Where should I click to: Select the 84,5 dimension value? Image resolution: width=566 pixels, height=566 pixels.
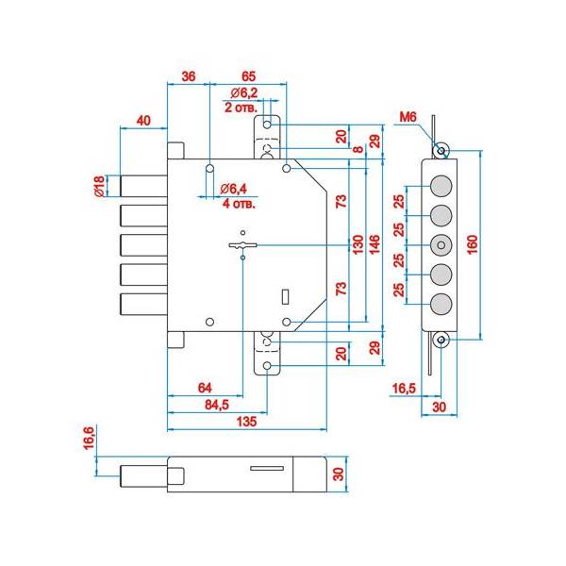(217, 405)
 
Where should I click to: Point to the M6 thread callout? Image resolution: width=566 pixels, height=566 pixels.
(408, 116)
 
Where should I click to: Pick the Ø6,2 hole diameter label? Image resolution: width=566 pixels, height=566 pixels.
(244, 92)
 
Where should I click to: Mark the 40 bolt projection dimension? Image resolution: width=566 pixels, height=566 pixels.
(144, 120)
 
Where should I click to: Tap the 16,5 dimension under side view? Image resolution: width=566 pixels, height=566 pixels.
(403, 388)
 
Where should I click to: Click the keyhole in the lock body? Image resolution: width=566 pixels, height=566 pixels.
(242, 246)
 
